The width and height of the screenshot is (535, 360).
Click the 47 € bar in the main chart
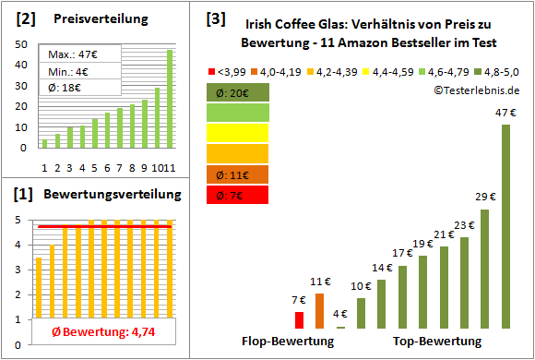click(505, 226)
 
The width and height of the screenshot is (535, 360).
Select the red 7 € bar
click(299, 319)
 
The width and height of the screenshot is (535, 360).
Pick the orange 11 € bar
click(319, 311)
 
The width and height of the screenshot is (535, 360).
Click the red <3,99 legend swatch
click(214, 70)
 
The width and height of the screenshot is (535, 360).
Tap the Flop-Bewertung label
click(288, 342)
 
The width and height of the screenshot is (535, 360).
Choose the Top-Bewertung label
click(437, 342)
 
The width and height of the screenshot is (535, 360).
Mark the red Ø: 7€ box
click(238, 195)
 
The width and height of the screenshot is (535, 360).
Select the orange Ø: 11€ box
click(238, 174)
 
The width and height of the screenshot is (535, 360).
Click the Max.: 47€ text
click(72, 55)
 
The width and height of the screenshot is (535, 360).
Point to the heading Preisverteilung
click(97, 18)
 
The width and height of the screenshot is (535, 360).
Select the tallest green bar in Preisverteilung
click(170, 98)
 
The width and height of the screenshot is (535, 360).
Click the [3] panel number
click(215, 18)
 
